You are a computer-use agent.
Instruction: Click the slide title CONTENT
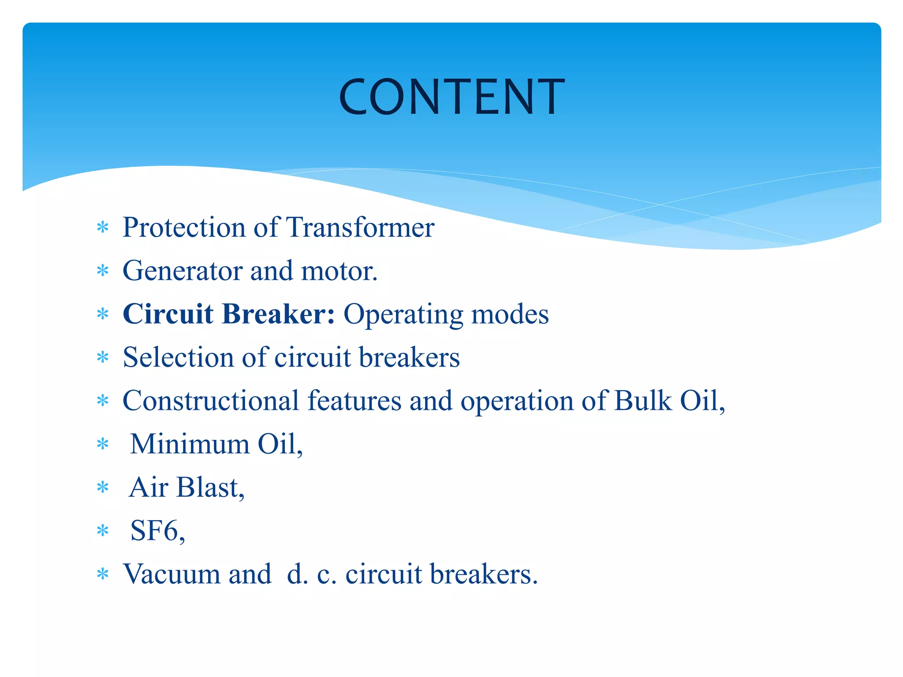pyautogui.click(x=451, y=97)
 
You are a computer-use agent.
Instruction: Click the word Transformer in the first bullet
pyautogui.click(x=360, y=227)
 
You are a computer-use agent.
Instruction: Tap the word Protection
pyautogui.click(x=183, y=227)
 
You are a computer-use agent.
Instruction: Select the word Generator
pyautogui.click(x=183, y=271)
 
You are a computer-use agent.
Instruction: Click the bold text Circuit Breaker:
pyautogui.click(x=229, y=314)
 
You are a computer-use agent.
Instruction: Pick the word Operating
pyautogui.click(x=403, y=315)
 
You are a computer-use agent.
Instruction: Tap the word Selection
pyautogui.click(x=178, y=357)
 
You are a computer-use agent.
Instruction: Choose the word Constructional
pyautogui.click(x=211, y=401)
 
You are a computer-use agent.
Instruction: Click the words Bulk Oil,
pyautogui.click(x=669, y=401)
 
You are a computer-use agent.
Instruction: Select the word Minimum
pyautogui.click(x=190, y=444)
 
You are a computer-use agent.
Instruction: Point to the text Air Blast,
pyautogui.click(x=187, y=487)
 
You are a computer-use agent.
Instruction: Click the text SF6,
pyautogui.click(x=157, y=531)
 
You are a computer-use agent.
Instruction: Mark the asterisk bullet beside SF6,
pyautogui.click(x=103, y=531)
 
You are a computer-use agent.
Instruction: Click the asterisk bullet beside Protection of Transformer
pyautogui.click(x=103, y=228)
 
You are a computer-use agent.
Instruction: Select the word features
pyautogui.click(x=354, y=401)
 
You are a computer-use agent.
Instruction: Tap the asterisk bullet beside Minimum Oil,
pyautogui.click(x=103, y=444)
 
